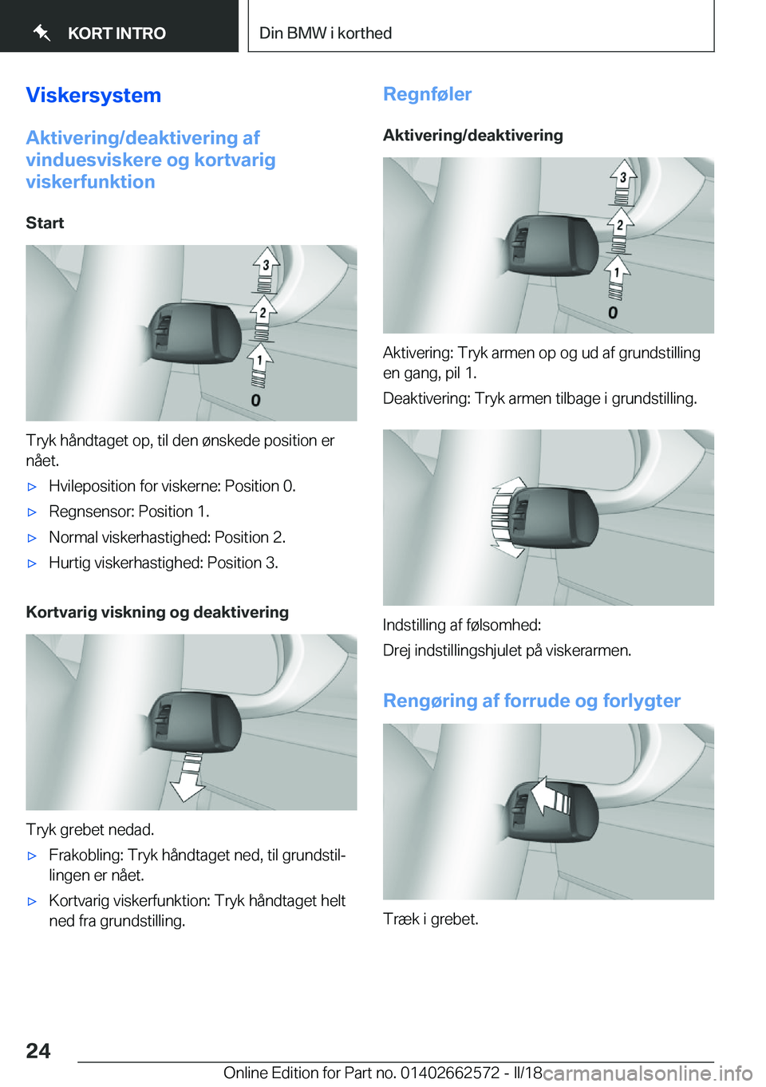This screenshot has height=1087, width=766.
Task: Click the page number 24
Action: coord(38,1050)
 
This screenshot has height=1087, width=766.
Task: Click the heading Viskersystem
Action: coord(93,95)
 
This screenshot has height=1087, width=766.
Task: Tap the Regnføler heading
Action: coord(427,94)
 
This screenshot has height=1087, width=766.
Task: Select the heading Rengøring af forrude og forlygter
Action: coord(531,701)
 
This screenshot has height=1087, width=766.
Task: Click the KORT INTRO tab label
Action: coord(116,34)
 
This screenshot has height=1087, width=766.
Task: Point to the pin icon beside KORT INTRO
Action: coord(42,33)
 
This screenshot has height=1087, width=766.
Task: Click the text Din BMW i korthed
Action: coord(326,34)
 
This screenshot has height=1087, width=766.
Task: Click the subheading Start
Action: coord(45,223)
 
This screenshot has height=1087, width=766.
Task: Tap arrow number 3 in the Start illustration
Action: coord(266,266)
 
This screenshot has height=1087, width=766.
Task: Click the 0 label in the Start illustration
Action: coord(255,400)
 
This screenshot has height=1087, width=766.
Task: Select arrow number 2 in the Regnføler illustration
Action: coord(620,225)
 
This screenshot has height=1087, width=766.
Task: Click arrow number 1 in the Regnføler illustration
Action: coord(617,273)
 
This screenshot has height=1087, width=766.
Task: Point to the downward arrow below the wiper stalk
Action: coord(189,777)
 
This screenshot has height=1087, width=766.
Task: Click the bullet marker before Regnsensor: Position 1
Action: coord(33,512)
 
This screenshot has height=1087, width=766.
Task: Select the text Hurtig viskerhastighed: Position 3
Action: coord(163,563)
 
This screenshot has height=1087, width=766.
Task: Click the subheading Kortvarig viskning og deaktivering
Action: coord(157,612)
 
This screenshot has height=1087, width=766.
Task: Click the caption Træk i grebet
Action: coord(431,919)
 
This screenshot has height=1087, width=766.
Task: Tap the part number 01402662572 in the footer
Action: coord(449,1073)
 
